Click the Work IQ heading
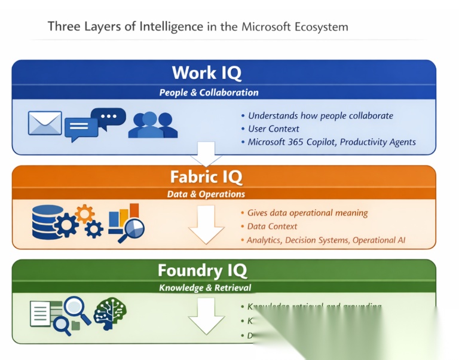click(206, 72)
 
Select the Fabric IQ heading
click(206, 176)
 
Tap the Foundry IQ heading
click(202, 270)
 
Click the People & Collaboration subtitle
click(209, 93)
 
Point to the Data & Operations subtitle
click(206, 194)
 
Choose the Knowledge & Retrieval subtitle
click(205, 288)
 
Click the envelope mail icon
click(45, 123)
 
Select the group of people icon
click(153, 124)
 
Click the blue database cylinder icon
click(48, 221)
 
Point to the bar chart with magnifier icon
click(127, 222)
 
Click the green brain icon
click(110, 313)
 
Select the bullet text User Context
click(274, 129)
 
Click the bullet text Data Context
click(272, 226)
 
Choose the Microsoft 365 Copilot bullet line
click(332, 142)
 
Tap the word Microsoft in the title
click(267, 27)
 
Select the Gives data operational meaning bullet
click(308, 213)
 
